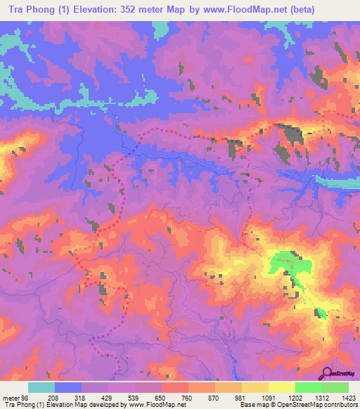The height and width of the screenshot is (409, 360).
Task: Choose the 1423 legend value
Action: click(x=347, y=397)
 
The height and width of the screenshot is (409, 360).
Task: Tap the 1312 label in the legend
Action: click(x=321, y=397)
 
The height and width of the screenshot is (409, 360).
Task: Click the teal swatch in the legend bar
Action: click(x=41, y=387)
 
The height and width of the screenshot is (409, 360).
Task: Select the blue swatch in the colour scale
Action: click(x=68, y=387)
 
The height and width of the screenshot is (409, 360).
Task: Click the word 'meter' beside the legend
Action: click(x=9, y=397)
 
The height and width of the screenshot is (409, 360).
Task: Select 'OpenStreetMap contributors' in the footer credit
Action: click(x=315, y=405)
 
